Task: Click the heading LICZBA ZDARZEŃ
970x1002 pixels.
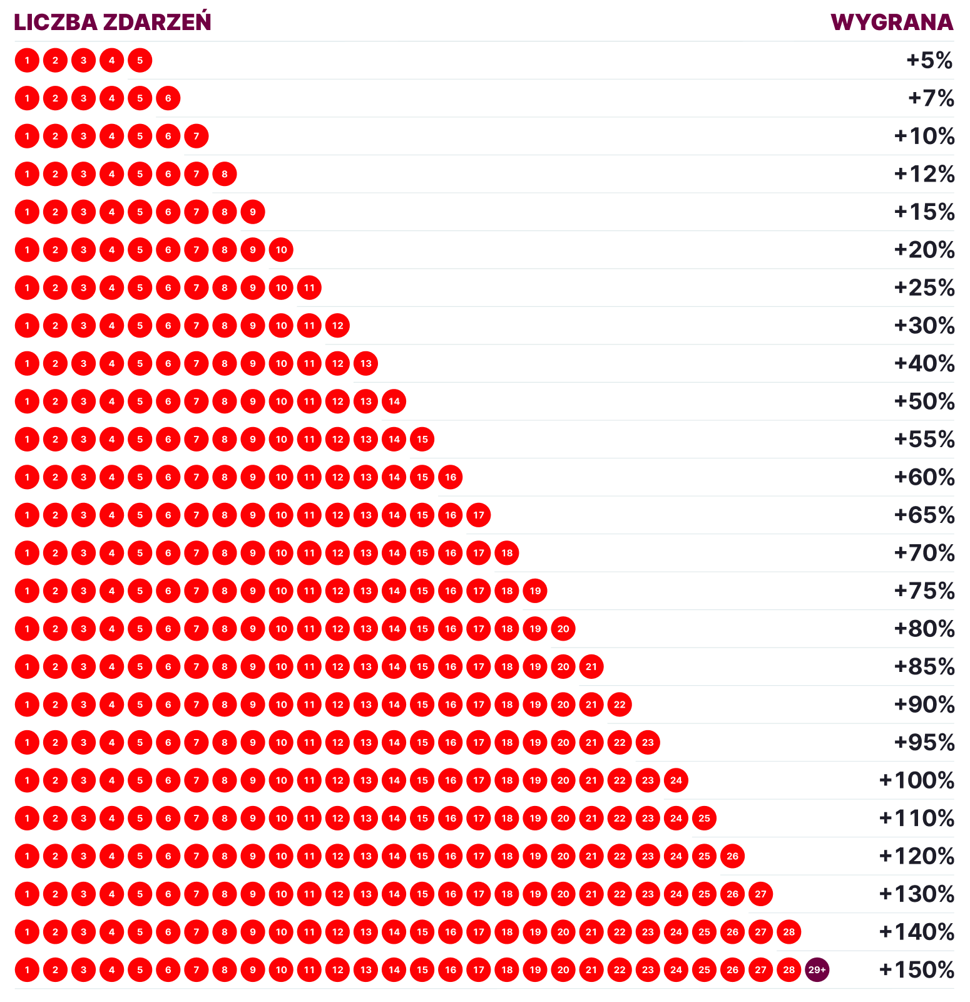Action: [x=113, y=22]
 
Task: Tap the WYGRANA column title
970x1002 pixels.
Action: [x=892, y=22]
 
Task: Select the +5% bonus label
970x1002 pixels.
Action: [x=929, y=61]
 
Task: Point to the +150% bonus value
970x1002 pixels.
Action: [x=917, y=970]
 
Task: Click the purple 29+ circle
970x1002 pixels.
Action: [x=817, y=970]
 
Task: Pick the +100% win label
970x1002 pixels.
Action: [x=917, y=780]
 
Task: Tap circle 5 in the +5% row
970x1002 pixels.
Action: [x=140, y=61]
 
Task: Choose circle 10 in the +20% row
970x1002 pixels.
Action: [x=281, y=250]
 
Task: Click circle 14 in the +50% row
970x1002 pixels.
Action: [x=394, y=401]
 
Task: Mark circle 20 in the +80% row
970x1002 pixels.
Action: [x=563, y=629]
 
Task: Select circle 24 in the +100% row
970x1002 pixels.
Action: [x=676, y=780]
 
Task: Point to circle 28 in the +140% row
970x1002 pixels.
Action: [x=789, y=932]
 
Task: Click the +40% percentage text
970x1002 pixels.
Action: [x=924, y=363]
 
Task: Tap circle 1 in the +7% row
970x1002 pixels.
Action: [x=27, y=98]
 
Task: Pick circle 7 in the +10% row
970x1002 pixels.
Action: [x=197, y=136]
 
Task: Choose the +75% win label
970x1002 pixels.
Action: [x=924, y=591]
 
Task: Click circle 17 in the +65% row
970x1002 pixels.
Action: [x=479, y=515]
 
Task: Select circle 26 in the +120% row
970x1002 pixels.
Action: [x=732, y=856]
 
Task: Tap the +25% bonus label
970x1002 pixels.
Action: [x=924, y=287]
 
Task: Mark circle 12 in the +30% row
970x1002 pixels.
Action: [x=337, y=326]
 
